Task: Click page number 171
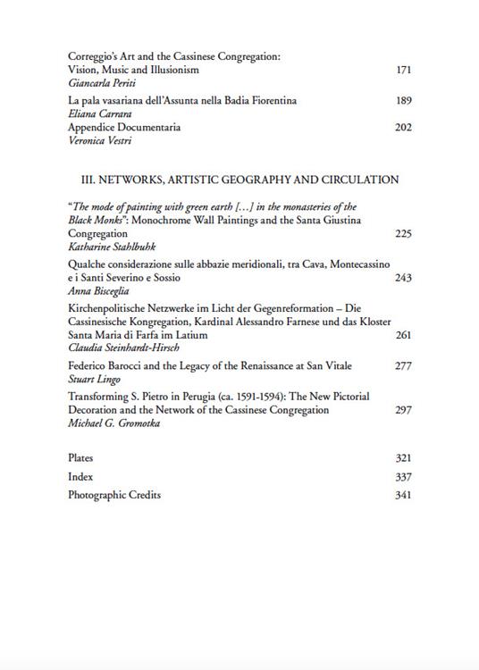pos(403,69)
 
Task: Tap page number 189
pos(403,101)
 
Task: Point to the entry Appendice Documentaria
pos(124,128)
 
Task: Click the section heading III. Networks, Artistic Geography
pos(233,180)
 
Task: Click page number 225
pos(403,233)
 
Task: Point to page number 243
pos(403,278)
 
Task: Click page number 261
pos(403,335)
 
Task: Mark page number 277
pos(403,366)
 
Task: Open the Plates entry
pos(80,458)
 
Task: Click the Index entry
pos(80,477)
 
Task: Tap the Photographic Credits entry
pos(114,495)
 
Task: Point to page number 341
pos(403,495)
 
